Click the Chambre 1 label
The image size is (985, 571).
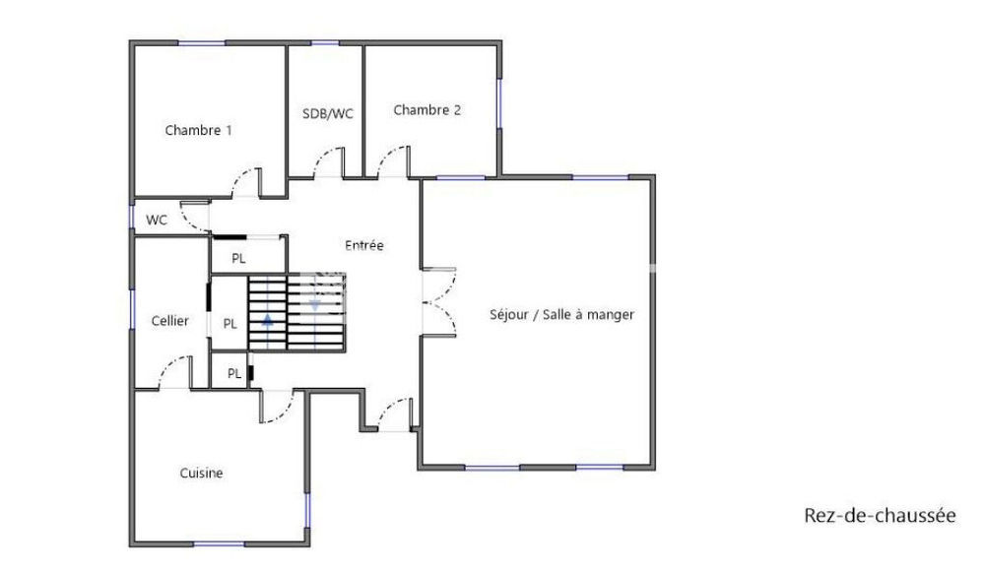click(x=198, y=130)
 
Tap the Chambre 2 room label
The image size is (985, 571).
click(x=427, y=110)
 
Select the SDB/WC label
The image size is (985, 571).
click(x=327, y=113)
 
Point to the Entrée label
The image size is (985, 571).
click(x=363, y=245)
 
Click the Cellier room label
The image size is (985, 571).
click(x=169, y=321)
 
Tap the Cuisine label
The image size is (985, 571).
click(x=201, y=474)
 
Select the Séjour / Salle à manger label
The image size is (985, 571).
click(x=561, y=315)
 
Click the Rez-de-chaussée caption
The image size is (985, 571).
click(x=880, y=516)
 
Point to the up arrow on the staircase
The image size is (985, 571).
click(x=267, y=321)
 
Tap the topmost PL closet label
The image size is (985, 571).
click(x=238, y=259)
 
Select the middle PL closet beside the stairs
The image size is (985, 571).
click(x=230, y=323)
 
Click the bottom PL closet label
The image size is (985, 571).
click(x=234, y=373)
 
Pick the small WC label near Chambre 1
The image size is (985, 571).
click(x=157, y=220)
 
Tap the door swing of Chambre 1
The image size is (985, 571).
click(x=243, y=184)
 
